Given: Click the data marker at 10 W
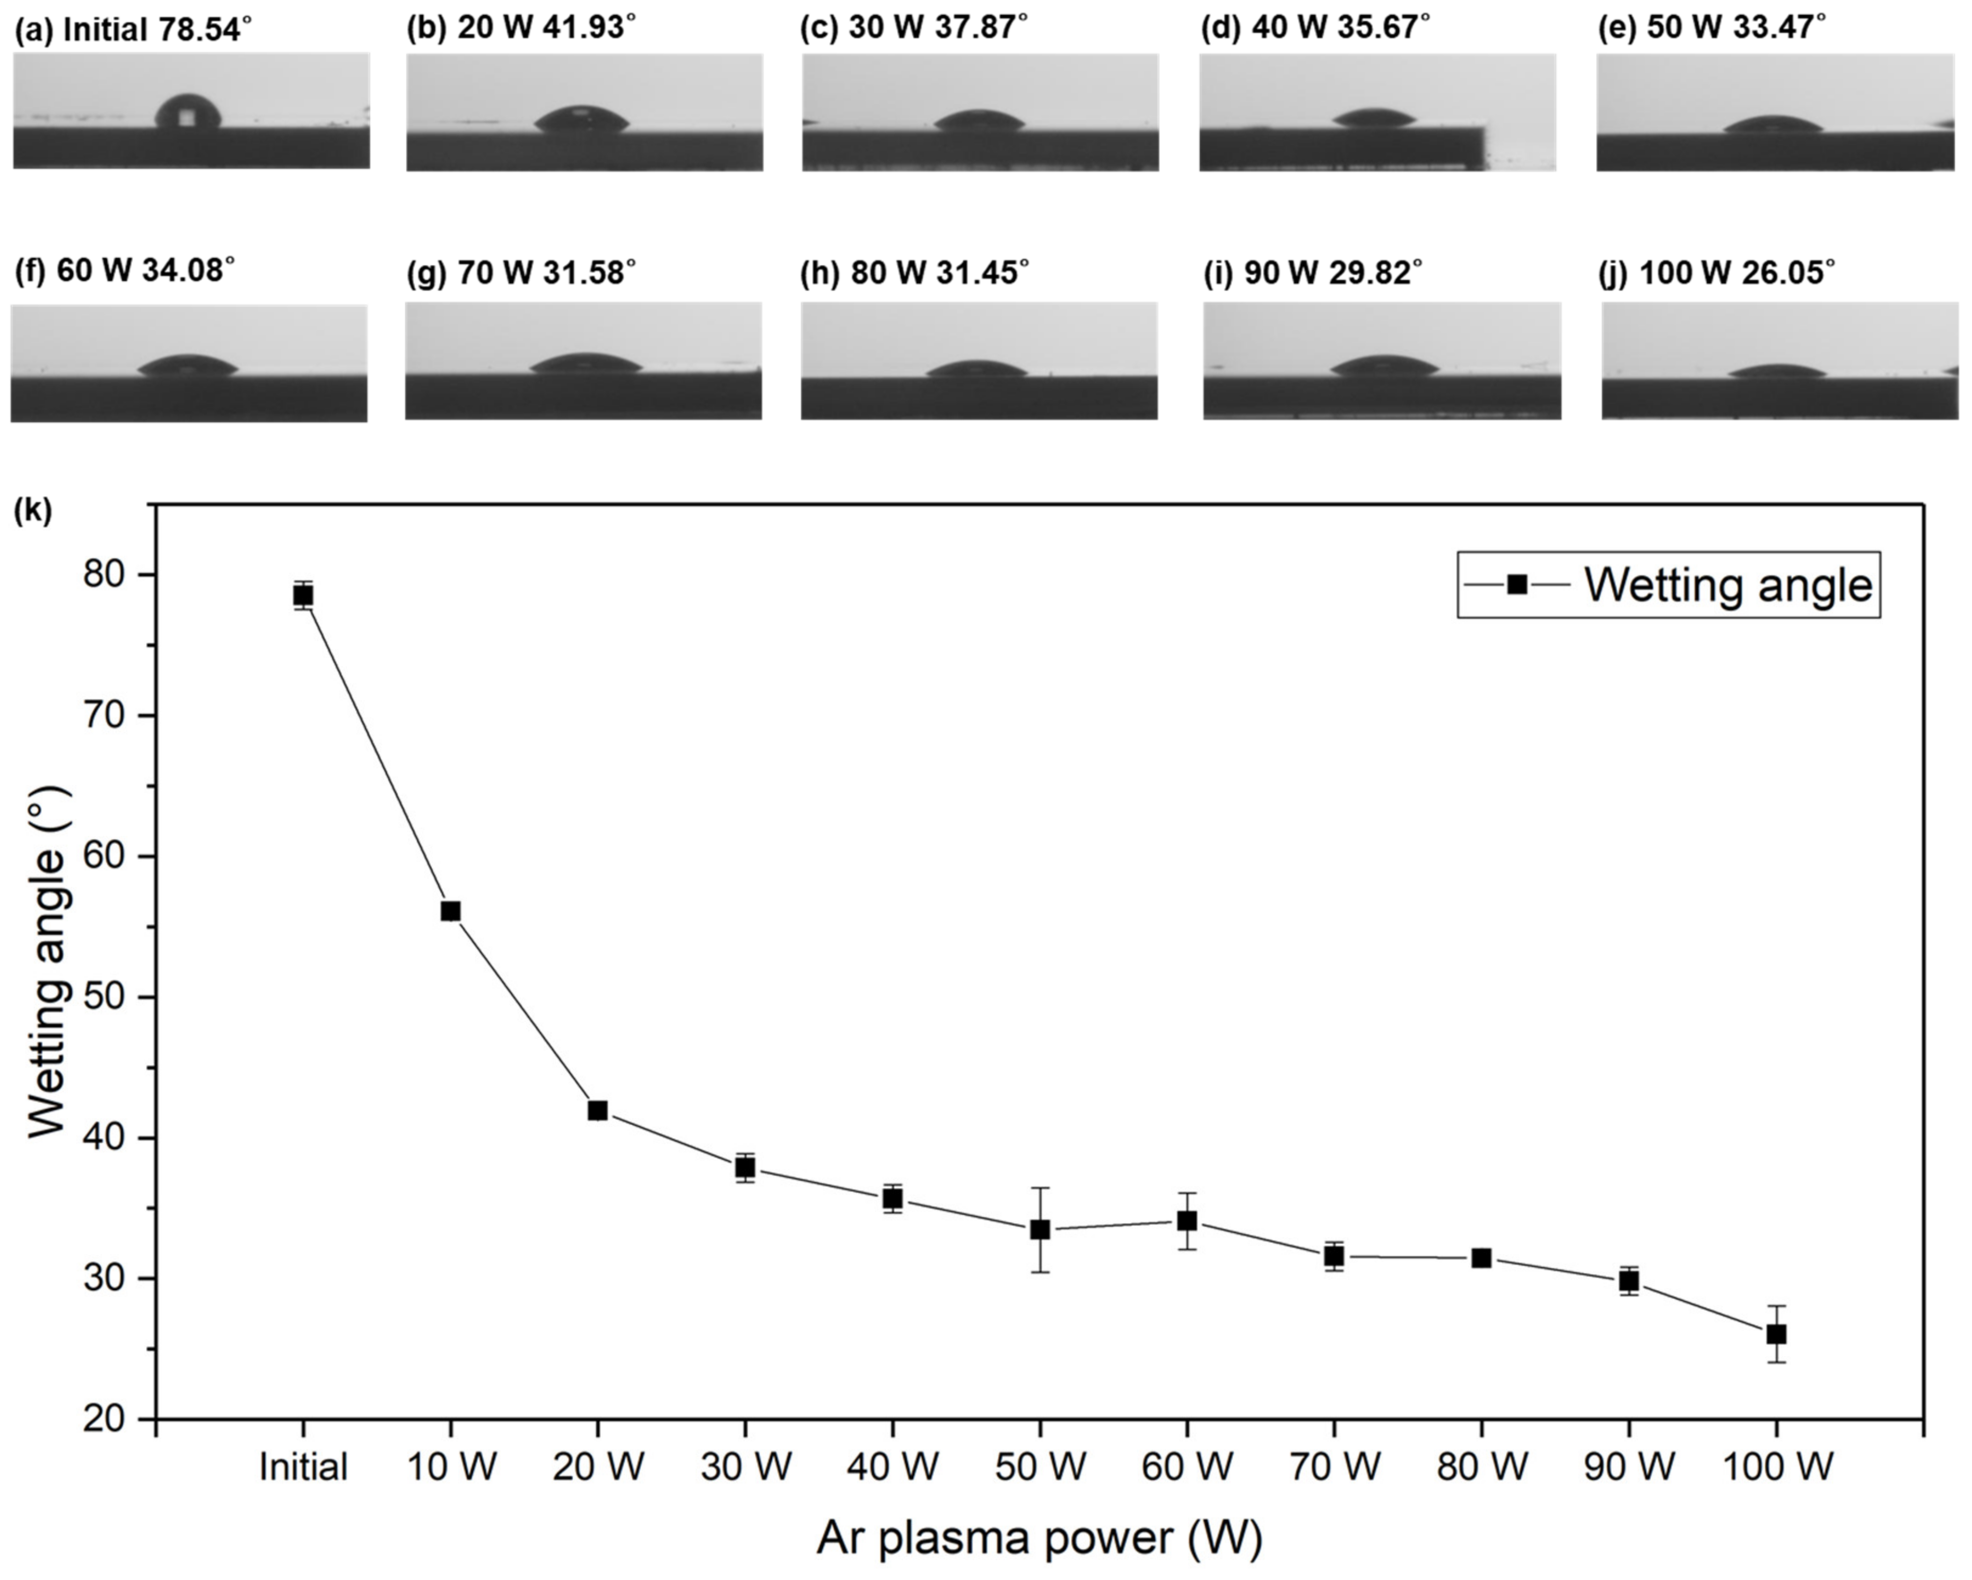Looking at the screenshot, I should [x=450, y=910].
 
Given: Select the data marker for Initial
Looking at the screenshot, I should [x=303, y=596].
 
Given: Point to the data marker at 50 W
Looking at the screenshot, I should [x=1040, y=1230].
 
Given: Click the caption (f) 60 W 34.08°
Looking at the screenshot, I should [x=125, y=271].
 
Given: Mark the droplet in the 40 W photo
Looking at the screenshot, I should [x=1375, y=119].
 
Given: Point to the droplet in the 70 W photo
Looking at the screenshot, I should [x=586, y=364].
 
